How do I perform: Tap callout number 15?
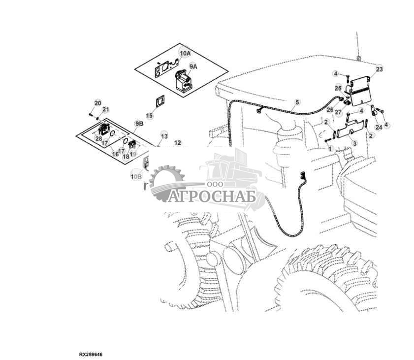tap(150, 115)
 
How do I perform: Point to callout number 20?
tap(97, 103)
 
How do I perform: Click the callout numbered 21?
tap(105, 109)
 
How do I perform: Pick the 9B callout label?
tap(139, 124)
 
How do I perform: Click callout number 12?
tap(178, 143)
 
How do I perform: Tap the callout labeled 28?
tap(99, 140)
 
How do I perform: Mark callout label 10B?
tap(136, 175)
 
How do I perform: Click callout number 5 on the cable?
tap(297, 102)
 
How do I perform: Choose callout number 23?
tap(379, 69)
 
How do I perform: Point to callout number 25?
tap(338, 88)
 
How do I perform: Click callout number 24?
tap(378, 127)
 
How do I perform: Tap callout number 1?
tap(331, 148)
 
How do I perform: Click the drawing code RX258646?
tap(91, 354)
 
